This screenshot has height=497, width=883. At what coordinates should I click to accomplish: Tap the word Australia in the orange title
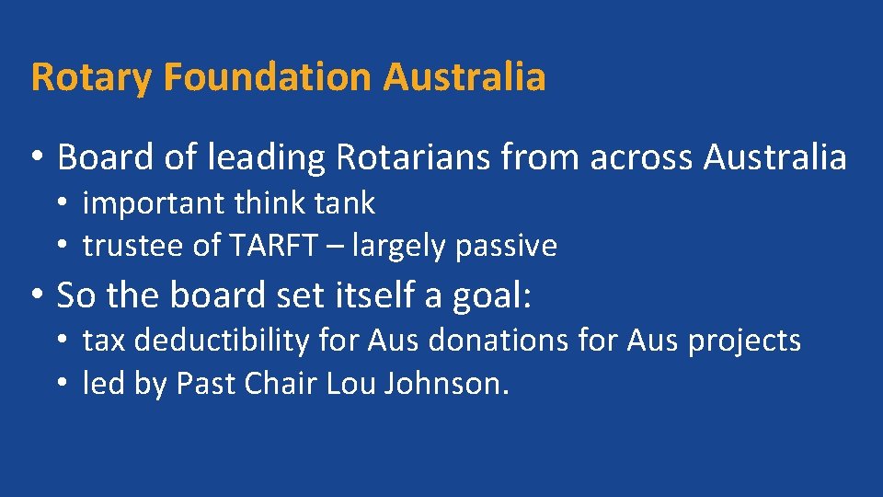[x=464, y=77]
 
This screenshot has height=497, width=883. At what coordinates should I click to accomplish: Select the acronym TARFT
[x=273, y=246]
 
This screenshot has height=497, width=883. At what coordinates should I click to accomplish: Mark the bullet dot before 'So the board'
[x=36, y=296]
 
